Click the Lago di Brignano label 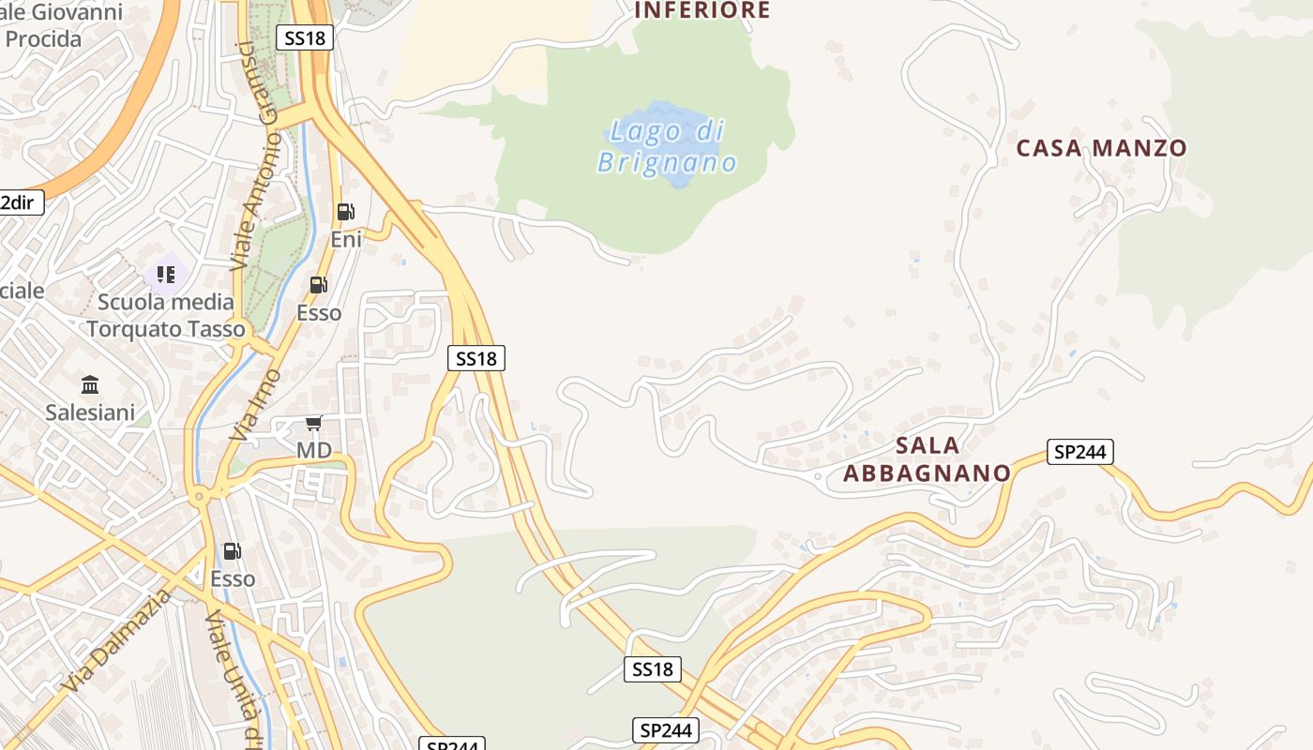click(667, 146)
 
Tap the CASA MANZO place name click(1101, 148)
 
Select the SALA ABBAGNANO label click(927, 458)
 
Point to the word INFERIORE click(702, 11)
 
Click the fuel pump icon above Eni click(346, 212)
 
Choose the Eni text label click(346, 240)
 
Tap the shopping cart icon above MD click(314, 424)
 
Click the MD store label click(314, 451)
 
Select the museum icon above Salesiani click(91, 384)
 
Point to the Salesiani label click(91, 412)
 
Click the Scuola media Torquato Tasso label click(166, 315)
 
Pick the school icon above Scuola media click(166, 275)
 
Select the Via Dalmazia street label click(117, 641)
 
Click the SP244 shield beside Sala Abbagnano click(1080, 452)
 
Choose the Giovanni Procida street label click(62, 26)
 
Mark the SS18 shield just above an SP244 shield click(652, 669)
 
